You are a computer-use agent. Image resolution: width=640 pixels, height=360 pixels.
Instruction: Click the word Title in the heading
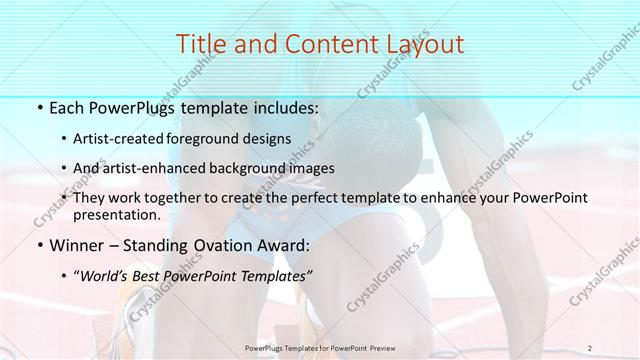click(x=200, y=44)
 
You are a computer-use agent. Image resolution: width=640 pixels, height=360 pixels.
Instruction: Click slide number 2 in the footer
click(x=590, y=348)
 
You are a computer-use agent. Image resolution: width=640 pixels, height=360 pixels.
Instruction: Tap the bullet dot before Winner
click(x=39, y=245)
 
